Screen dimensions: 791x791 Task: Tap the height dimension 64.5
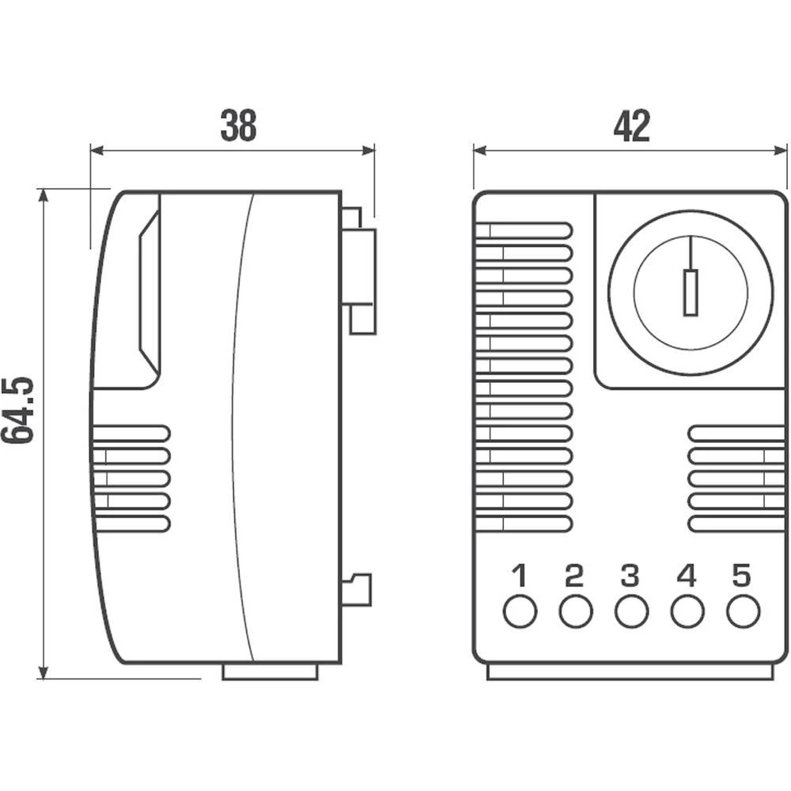pyautogui.click(x=18, y=409)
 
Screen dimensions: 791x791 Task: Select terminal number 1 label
pyautogui.click(x=519, y=575)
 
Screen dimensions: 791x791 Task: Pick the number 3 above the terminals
pyautogui.click(x=630, y=575)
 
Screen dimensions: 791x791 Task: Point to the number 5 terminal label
pyautogui.click(x=741, y=575)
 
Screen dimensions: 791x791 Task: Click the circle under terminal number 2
pyautogui.click(x=575, y=611)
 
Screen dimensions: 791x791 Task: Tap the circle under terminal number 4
pyautogui.click(x=687, y=611)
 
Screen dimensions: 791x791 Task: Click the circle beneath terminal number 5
pyautogui.click(x=743, y=611)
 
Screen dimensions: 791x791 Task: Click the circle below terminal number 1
pyautogui.click(x=519, y=611)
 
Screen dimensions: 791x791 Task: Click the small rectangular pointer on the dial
pyautogui.click(x=691, y=293)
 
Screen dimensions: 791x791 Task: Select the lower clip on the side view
pyautogui.click(x=358, y=589)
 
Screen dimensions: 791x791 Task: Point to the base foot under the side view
pyautogui.click(x=270, y=672)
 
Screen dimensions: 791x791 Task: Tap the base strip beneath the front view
pyautogui.click(x=630, y=672)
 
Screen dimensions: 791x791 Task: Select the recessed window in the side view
pyautogui.click(x=149, y=293)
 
